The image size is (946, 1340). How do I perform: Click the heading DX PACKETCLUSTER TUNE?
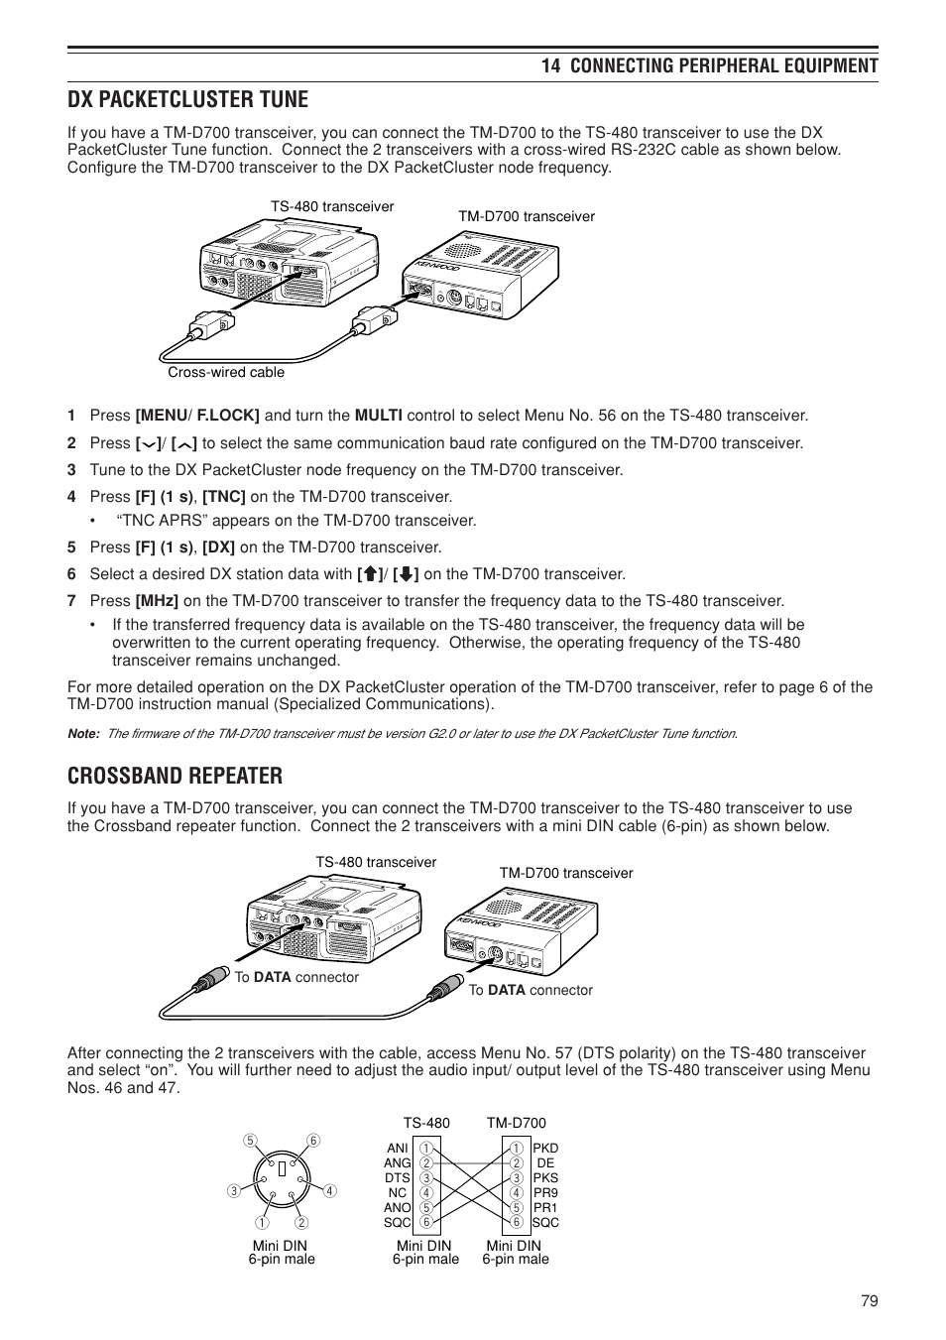click(x=187, y=99)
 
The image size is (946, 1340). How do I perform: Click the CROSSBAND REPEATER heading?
click(x=175, y=775)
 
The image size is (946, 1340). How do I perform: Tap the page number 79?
click(x=870, y=1302)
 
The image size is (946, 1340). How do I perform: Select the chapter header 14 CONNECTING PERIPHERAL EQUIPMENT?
click(x=709, y=65)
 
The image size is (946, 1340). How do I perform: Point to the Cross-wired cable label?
click(x=226, y=373)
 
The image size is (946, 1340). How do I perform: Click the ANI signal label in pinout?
click(x=398, y=1149)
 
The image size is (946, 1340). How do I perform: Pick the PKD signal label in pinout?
click(x=545, y=1149)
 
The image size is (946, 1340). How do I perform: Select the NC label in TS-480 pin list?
click(x=398, y=1193)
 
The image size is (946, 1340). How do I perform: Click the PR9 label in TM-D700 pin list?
click(x=545, y=1193)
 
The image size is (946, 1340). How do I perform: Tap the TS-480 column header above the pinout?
click(x=426, y=1123)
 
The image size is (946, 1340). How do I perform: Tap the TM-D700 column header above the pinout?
click(x=516, y=1123)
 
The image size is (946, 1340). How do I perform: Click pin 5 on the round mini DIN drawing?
click(x=250, y=1140)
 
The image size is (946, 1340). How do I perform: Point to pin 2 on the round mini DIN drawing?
click(x=300, y=1222)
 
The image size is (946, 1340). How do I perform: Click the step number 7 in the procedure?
click(x=71, y=601)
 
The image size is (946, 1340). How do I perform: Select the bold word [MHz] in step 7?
click(x=157, y=601)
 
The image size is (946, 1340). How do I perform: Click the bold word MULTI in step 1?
click(x=378, y=416)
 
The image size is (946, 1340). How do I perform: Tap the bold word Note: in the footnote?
click(x=83, y=734)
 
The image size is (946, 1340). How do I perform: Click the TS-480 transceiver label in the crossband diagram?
click(x=376, y=863)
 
